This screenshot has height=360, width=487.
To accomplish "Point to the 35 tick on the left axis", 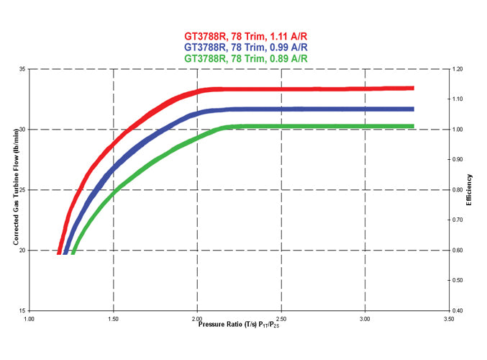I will click(x=22, y=69).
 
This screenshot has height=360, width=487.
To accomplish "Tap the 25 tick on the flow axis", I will click(x=22, y=190).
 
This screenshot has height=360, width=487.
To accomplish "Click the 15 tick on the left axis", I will click(x=22, y=310).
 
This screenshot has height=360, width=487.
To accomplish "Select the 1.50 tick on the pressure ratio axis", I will click(x=113, y=318).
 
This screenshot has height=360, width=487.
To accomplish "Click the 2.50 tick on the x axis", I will click(x=281, y=318).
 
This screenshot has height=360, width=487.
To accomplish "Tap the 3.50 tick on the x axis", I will click(x=449, y=318).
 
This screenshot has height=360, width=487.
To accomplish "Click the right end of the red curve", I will click(x=414, y=89).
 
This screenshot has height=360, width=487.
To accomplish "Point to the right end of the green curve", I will click(x=414, y=126).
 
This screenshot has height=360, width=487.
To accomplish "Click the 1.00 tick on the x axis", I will click(x=29, y=318).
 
